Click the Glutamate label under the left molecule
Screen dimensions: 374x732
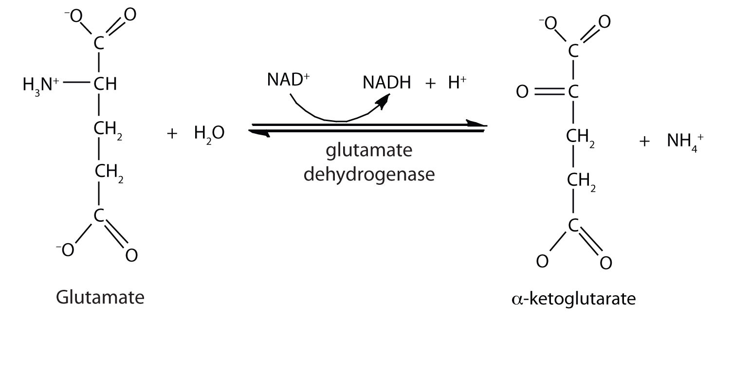click(100, 297)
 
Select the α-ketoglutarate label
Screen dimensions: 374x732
click(573, 298)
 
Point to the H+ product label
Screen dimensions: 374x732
click(457, 83)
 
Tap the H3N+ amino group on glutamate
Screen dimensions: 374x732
click(41, 85)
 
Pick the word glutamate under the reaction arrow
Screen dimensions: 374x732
click(368, 152)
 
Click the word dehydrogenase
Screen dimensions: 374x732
click(368, 173)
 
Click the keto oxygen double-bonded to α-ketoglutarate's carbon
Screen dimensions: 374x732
click(522, 91)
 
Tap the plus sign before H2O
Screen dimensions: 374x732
click(172, 134)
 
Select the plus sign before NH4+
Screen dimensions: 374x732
click(645, 142)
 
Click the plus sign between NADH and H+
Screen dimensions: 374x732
click(430, 83)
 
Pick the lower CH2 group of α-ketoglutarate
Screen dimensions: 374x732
click(579, 181)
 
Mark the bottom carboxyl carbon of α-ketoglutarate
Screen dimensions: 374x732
click(572, 225)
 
